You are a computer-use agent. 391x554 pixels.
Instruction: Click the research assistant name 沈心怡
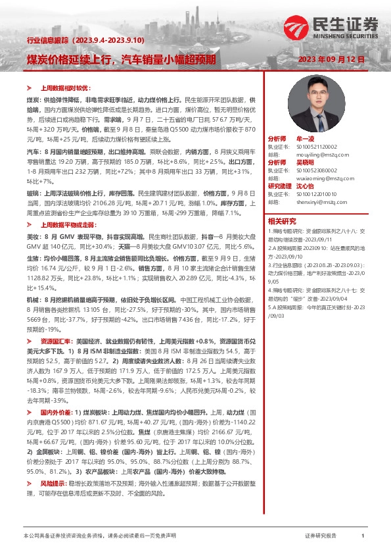coord(311,186)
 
